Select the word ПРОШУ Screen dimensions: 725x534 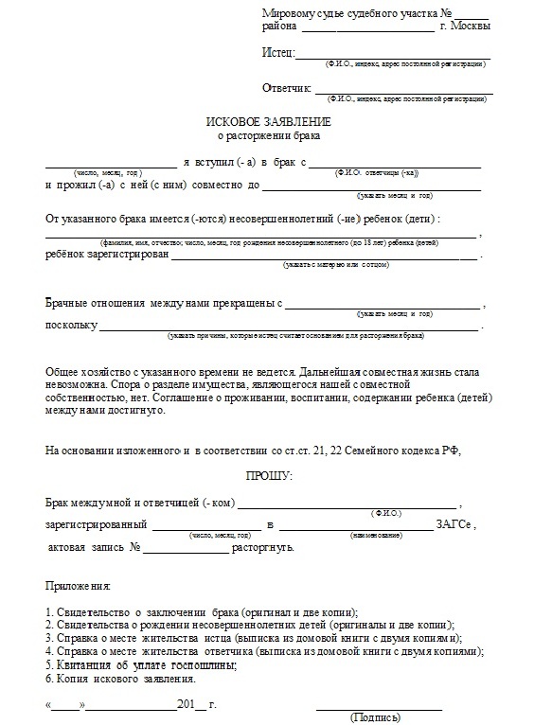click(x=270, y=474)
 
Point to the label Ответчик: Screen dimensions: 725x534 click(x=287, y=88)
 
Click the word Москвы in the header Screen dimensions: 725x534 click(x=471, y=27)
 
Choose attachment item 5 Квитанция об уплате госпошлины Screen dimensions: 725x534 click(x=141, y=665)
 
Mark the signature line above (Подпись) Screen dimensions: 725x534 click(x=379, y=708)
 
